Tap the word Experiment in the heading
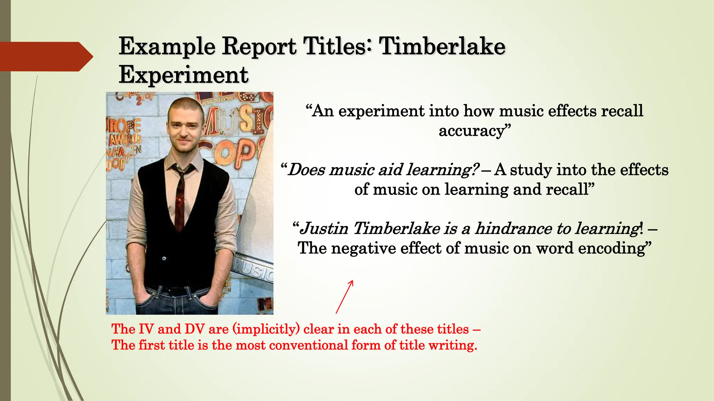coord(183,74)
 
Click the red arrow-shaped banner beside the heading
coord(45,57)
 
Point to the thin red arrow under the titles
coord(344,297)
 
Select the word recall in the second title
coord(570,189)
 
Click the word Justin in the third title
coord(324,229)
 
